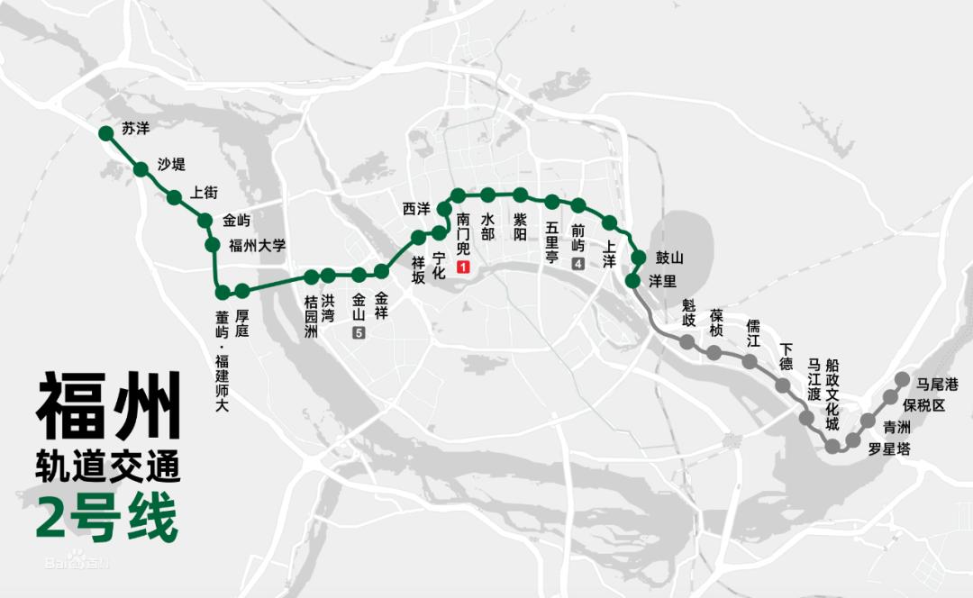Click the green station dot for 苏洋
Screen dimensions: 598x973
point(105,133)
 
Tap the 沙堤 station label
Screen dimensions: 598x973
point(171,164)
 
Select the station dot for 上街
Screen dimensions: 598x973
point(174,197)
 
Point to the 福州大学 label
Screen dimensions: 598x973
point(257,245)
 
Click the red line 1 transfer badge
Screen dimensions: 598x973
point(463,267)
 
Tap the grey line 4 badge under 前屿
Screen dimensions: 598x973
point(577,264)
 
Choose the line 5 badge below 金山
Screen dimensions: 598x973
point(359,334)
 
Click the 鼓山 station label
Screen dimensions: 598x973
point(669,258)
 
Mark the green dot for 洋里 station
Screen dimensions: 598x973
point(632,281)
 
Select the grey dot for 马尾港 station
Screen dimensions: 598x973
point(904,378)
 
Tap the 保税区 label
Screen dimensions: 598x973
point(924,405)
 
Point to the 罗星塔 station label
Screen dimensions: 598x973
point(889,448)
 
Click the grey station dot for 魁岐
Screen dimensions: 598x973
point(687,342)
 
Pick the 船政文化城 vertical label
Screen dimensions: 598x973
point(832,394)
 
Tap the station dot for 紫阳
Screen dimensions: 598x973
point(520,195)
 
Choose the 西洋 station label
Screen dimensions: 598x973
point(416,209)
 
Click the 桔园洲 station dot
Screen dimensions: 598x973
point(311,276)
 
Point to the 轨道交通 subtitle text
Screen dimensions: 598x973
point(108,467)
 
